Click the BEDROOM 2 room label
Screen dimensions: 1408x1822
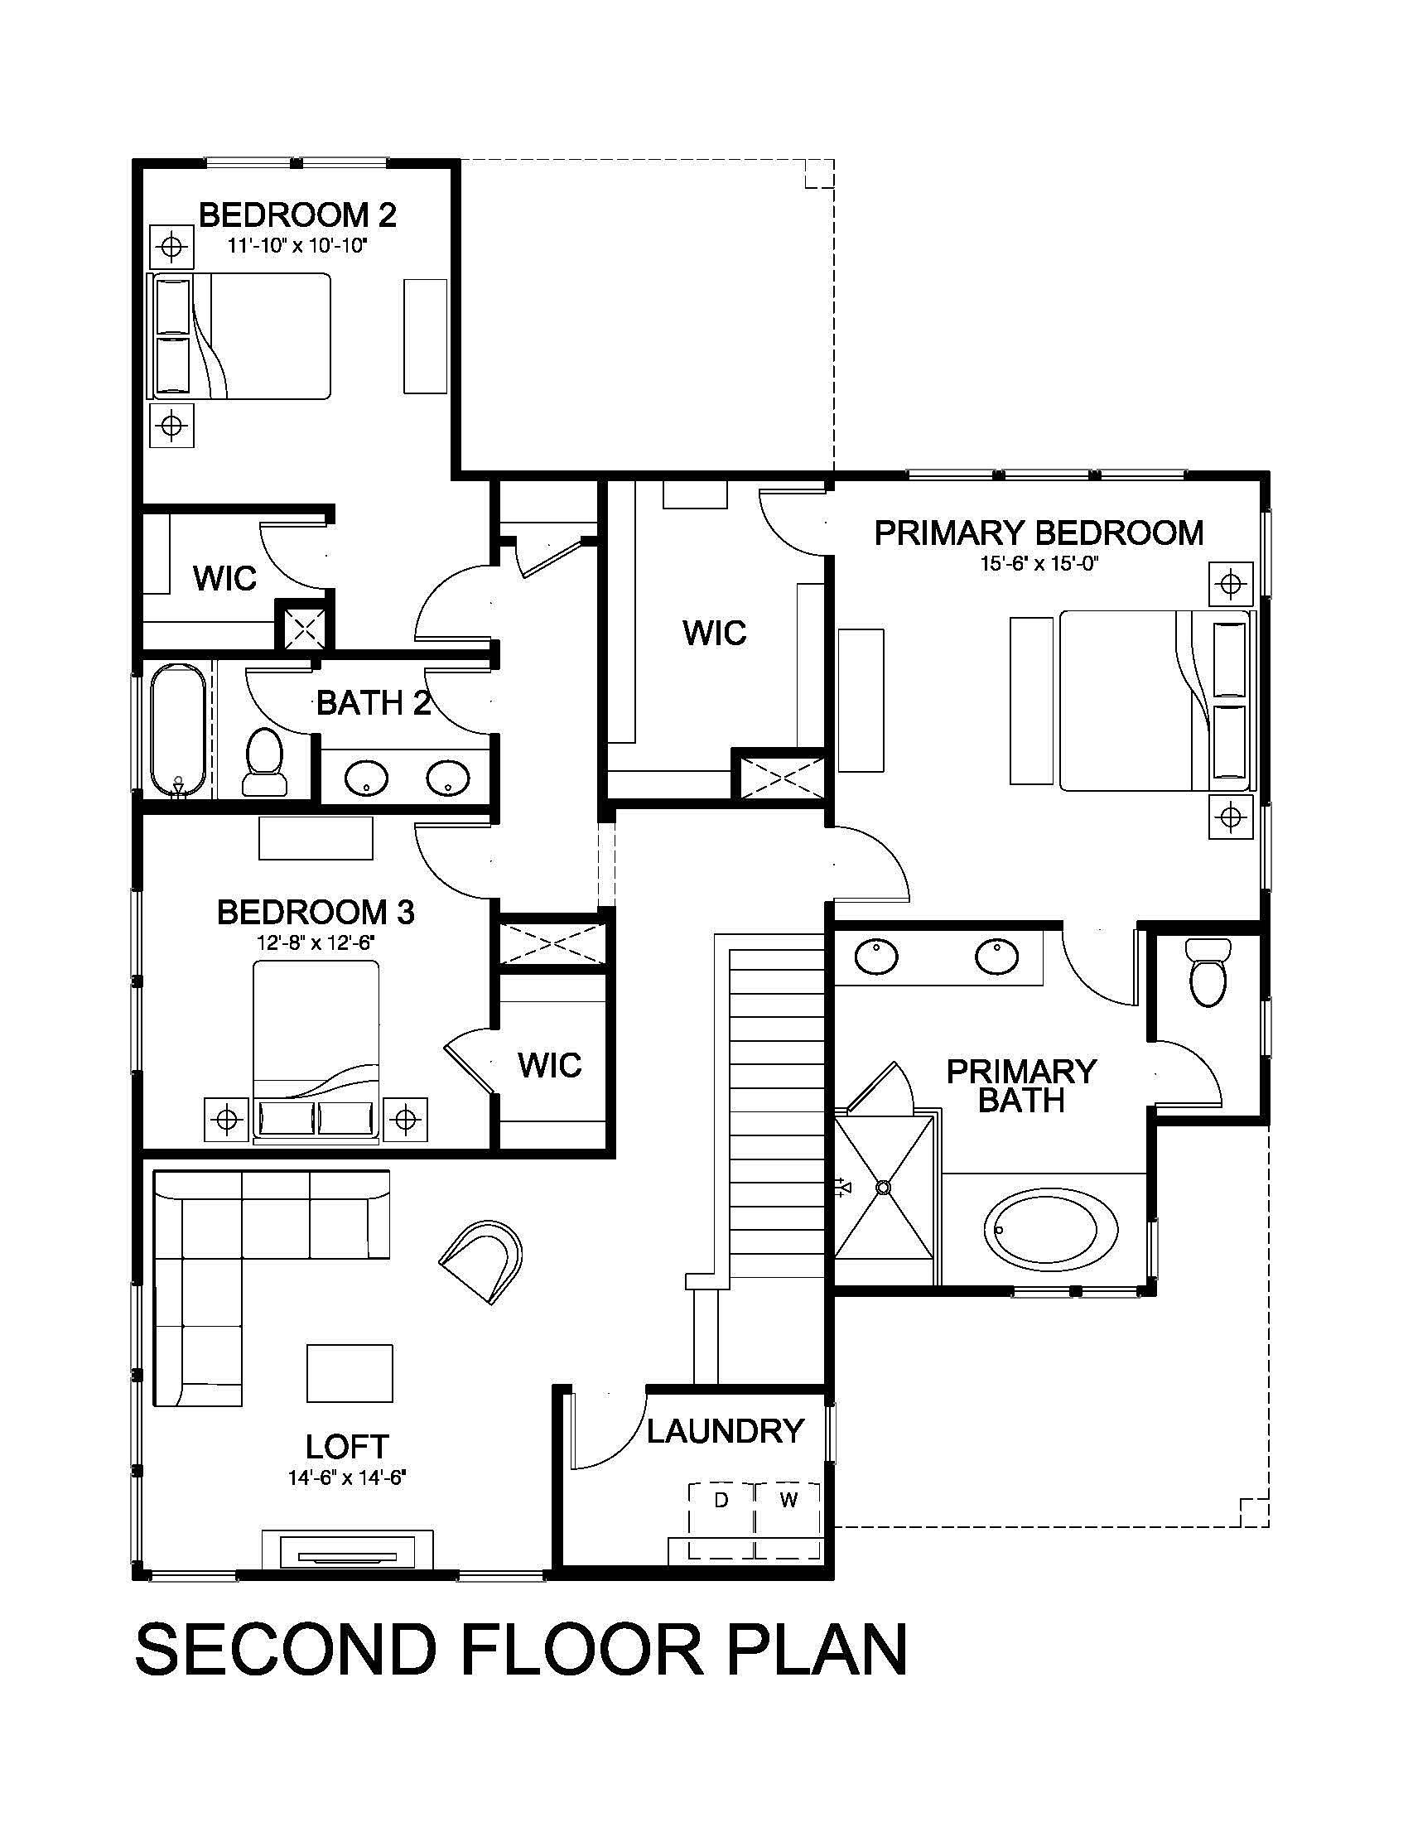click(x=297, y=215)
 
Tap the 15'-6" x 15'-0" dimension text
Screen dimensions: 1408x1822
click(x=1039, y=563)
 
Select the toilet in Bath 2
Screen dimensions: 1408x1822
click(x=264, y=762)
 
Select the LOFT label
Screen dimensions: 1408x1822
click(x=347, y=1446)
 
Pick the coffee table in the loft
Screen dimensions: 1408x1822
click(x=350, y=1372)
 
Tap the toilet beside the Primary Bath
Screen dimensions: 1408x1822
click(x=1208, y=973)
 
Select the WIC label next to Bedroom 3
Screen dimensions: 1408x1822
click(x=549, y=1064)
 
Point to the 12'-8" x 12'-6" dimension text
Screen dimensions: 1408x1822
click(x=316, y=942)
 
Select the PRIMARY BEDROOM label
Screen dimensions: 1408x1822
click(x=1039, y=533)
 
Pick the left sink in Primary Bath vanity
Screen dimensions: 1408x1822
click(x=875, y=956)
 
